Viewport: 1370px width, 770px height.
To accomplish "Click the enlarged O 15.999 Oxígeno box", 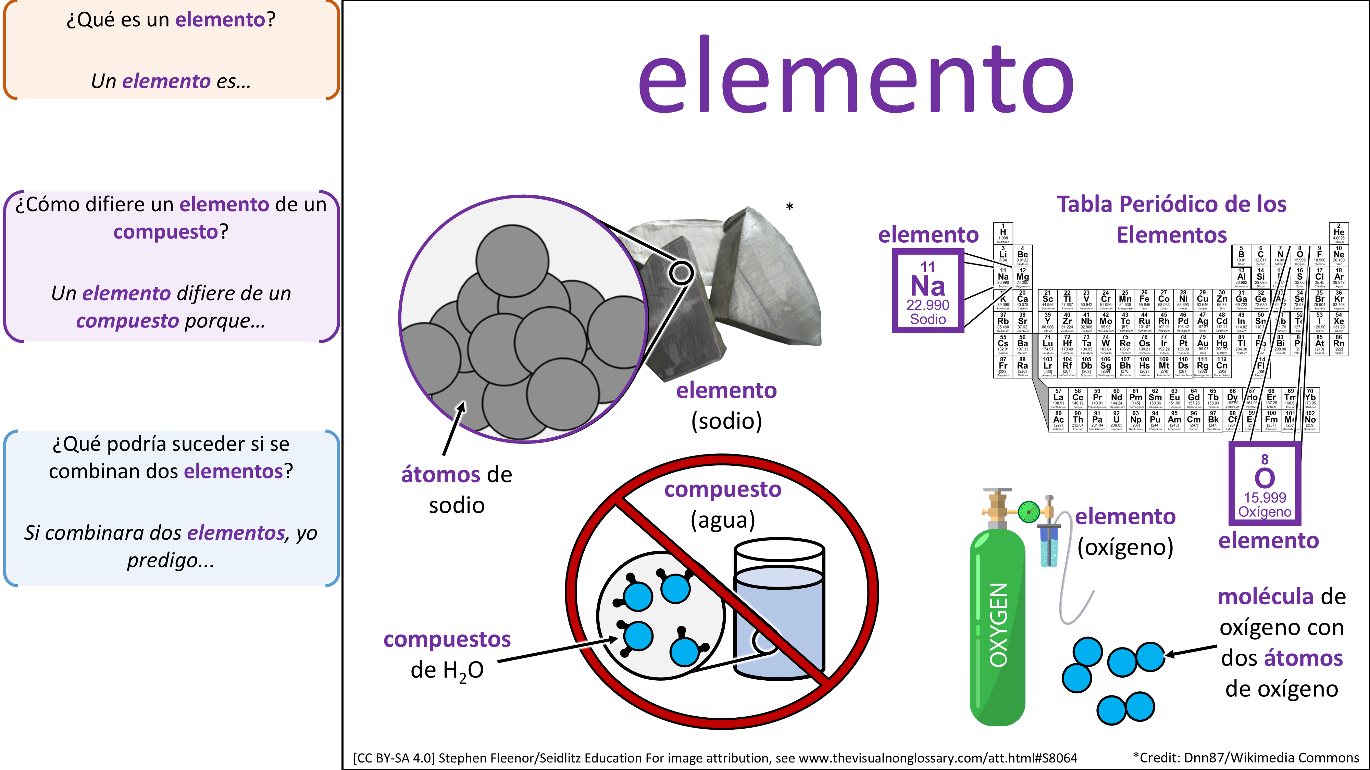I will coord(1265,484).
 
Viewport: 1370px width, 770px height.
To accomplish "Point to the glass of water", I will coord(780,611).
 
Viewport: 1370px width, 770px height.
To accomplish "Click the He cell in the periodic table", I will coord(1338,233).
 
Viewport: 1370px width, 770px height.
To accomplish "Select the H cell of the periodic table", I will coord(1003,233).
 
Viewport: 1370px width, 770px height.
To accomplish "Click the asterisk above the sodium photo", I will coord(790,207).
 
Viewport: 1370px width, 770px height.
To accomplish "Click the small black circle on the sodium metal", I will coord(681,273).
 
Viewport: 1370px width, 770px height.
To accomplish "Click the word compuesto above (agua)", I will coord(723,489).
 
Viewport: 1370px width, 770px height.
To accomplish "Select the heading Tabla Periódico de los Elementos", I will coord(1172,219).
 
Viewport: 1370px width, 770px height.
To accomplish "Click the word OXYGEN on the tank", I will coord(998,625).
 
